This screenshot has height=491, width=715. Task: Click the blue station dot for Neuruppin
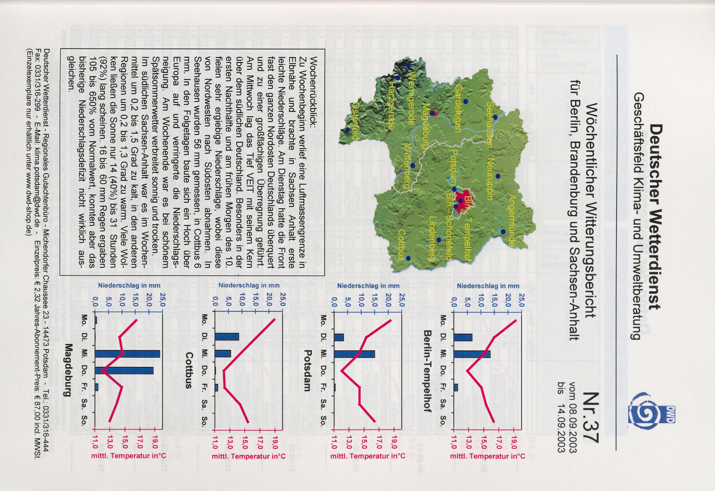coord(498,176)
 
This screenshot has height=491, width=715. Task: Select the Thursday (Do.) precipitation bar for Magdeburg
coord(124,371)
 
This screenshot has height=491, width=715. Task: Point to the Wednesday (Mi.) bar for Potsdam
coord(354,354)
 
